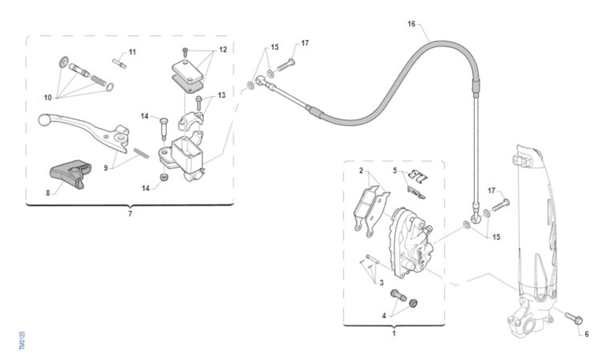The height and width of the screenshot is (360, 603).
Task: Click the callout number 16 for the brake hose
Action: [412, 24]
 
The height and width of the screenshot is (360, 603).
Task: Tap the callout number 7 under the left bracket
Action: [130, 214]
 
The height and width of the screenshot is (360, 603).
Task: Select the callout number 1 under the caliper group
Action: [394, 333]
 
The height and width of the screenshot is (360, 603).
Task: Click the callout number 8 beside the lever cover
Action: [48, 193]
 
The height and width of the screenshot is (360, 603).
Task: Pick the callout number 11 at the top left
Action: [132, 52]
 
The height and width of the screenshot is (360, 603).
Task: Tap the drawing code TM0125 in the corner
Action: [22, 341]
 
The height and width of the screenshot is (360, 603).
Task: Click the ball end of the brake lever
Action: [43, 120]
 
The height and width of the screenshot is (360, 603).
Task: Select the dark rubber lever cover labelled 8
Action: [70, 173]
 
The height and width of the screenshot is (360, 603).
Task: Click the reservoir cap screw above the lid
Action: [185, 52]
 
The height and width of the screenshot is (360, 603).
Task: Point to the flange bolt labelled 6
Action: [574, 319]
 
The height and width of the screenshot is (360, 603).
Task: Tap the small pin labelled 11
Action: [119, 64]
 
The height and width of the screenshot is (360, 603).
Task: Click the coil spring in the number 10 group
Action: [98, 80]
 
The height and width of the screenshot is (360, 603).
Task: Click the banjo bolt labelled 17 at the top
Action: [286, 65]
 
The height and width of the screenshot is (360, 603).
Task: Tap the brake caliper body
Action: [412, 243]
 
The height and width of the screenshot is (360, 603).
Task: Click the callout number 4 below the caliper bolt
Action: [384, 316]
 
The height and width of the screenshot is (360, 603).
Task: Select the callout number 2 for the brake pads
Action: [361, 170]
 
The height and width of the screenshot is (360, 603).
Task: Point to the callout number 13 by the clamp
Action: [222, 96]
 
